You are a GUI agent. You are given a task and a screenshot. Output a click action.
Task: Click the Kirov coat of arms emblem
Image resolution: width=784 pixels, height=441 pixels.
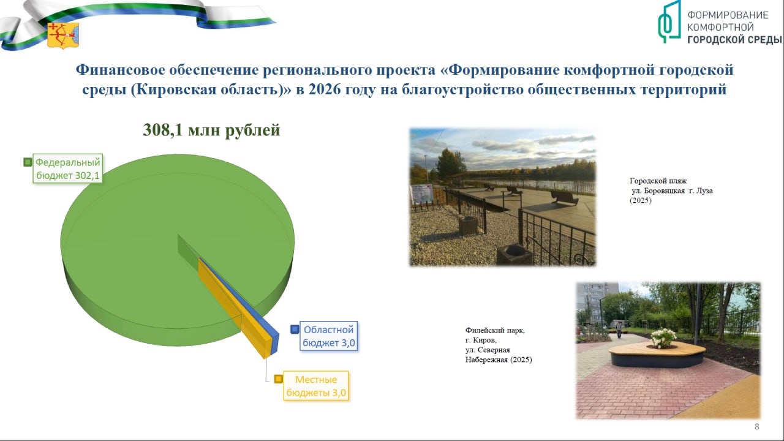click(x=63, y=35)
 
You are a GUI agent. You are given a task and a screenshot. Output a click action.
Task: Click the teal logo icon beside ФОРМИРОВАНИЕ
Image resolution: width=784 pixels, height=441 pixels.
click(x=669, y=21)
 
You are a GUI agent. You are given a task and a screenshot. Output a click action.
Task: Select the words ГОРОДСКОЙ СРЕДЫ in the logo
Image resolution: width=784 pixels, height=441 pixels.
click(x=734, y=40)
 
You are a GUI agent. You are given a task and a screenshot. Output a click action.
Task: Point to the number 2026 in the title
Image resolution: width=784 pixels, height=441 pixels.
click(x=324, y=89)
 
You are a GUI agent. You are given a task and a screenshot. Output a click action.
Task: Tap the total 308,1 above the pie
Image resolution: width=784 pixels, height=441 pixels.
click(x=163, y=130)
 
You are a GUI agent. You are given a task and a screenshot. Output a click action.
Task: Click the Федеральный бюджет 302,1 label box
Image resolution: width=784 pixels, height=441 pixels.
click(x=67, y=168)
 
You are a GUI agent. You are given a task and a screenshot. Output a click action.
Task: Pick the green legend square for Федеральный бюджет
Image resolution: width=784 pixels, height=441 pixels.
click(x=28, y=162)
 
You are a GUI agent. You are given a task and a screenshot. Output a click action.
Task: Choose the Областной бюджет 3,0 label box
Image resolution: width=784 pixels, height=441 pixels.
click(x=329, y=336)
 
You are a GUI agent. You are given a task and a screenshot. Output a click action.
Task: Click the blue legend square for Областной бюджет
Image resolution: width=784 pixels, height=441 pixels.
click(x=295, y=330)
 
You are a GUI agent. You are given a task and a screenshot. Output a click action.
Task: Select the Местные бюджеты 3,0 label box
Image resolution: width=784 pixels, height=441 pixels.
click(x=316, y=386)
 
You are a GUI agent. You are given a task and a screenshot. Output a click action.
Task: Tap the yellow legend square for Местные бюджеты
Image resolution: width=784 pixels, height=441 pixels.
click(x=279, y=379)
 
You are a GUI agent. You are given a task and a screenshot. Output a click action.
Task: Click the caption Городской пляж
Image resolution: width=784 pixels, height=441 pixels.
click(x=658, y=181)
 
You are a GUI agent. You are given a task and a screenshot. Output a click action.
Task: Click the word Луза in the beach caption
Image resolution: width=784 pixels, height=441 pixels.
click(x=704, y=190)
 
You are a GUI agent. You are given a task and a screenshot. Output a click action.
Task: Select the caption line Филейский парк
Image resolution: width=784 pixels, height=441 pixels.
click(x=495, y=330)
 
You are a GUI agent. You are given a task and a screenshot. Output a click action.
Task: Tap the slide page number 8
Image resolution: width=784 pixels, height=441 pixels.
click(x=756, y=426)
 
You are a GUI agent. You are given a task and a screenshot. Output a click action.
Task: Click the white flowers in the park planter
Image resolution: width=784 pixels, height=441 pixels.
click(x=663, y=337)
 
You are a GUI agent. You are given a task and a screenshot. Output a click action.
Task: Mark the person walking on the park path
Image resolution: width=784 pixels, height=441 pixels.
click(x=619, y=330)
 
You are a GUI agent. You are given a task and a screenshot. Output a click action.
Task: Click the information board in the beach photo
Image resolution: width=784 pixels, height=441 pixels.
click(x=423, y=194)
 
